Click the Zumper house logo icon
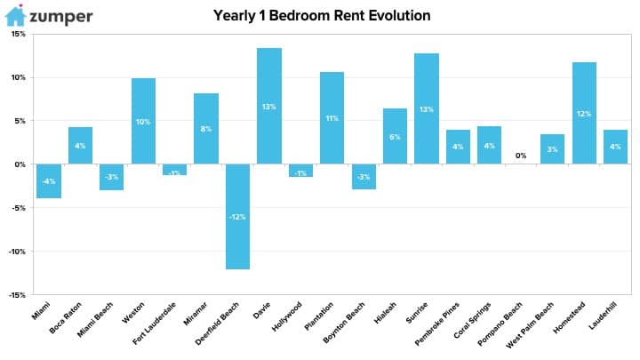[15, 15]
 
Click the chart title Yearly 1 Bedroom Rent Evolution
[322, 15]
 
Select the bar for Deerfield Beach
[237, 216]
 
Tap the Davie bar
[269, 106]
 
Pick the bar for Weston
[143, 121]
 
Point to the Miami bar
[49, 181]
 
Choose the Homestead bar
[584, 113]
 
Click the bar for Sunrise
[427, 108]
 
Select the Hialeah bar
[395, 136]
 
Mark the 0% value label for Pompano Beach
[521, 156]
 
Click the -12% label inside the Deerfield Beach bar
[237, 217]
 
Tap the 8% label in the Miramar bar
[206, 129]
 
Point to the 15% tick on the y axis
[19, 34]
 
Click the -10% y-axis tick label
[17, 252]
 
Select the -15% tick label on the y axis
[17, 295]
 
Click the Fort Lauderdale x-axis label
[155, 323]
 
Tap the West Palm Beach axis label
[530, 325]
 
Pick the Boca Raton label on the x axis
[65, 317]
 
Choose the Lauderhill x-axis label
[603, 315]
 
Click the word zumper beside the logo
[61, 17]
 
